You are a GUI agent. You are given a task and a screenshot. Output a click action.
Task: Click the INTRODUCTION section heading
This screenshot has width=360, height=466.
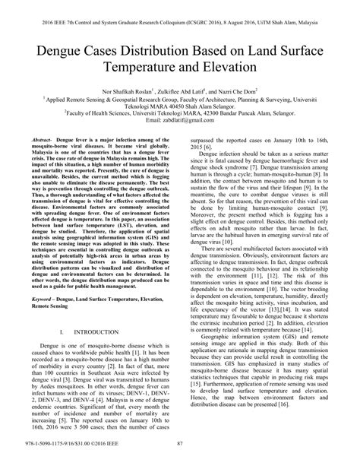[99, 333]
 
